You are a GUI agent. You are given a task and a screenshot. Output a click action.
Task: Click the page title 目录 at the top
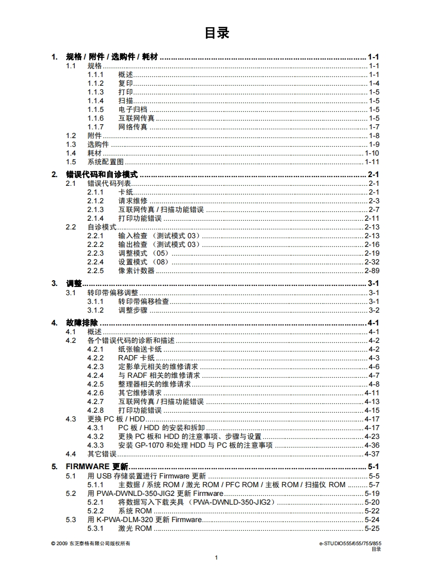216,33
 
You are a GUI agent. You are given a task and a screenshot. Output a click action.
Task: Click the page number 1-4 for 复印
374,83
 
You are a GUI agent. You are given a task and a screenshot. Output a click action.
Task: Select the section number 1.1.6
96,118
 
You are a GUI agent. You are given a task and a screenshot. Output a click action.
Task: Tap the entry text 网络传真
133,127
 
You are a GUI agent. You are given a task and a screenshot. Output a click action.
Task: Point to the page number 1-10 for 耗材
372,153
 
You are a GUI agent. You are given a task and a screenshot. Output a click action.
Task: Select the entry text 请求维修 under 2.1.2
133,201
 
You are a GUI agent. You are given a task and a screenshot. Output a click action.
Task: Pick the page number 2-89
372,271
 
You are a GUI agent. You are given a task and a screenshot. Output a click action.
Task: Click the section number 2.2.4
96,262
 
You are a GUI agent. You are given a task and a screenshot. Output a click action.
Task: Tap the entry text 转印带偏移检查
144,301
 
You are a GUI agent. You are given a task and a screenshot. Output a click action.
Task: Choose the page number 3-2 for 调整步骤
374,310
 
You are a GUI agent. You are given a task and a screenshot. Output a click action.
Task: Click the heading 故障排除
82,323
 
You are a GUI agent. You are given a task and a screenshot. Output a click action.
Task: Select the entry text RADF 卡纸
136,358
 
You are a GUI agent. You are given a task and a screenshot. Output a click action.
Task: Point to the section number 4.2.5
96,384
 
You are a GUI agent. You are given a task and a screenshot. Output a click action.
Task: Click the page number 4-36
372,445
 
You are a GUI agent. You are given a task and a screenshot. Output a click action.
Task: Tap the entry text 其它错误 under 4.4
102,454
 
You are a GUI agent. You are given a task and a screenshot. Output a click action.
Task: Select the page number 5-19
372,493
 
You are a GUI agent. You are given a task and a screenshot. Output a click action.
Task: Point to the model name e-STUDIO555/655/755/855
350,543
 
